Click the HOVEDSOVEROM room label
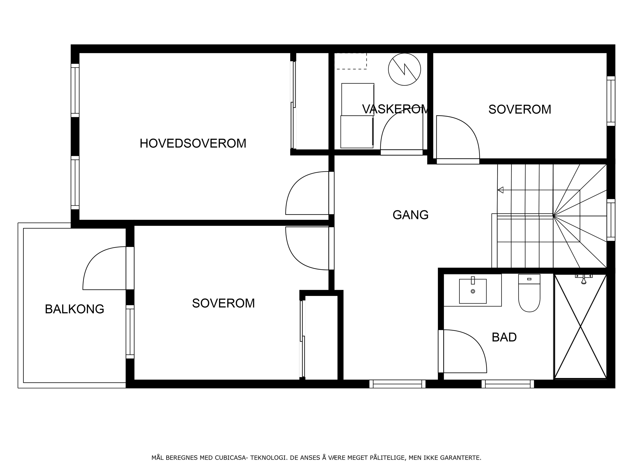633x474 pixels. click(x=193, y=143)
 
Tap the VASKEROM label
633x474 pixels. click(x=396, y=109)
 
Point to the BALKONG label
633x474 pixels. click(x=74, y=309)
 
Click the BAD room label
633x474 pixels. click(x=504, y=337)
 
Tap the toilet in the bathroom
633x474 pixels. click(x=529, y=293)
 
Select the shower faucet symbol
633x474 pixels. click(x=584, y=279)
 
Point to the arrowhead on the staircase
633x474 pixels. click(x=500, y=190)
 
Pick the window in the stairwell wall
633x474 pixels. click(x=611, y=220)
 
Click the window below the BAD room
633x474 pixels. click(x=508, y=384)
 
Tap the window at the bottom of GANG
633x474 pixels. click(x=397, y=384)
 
